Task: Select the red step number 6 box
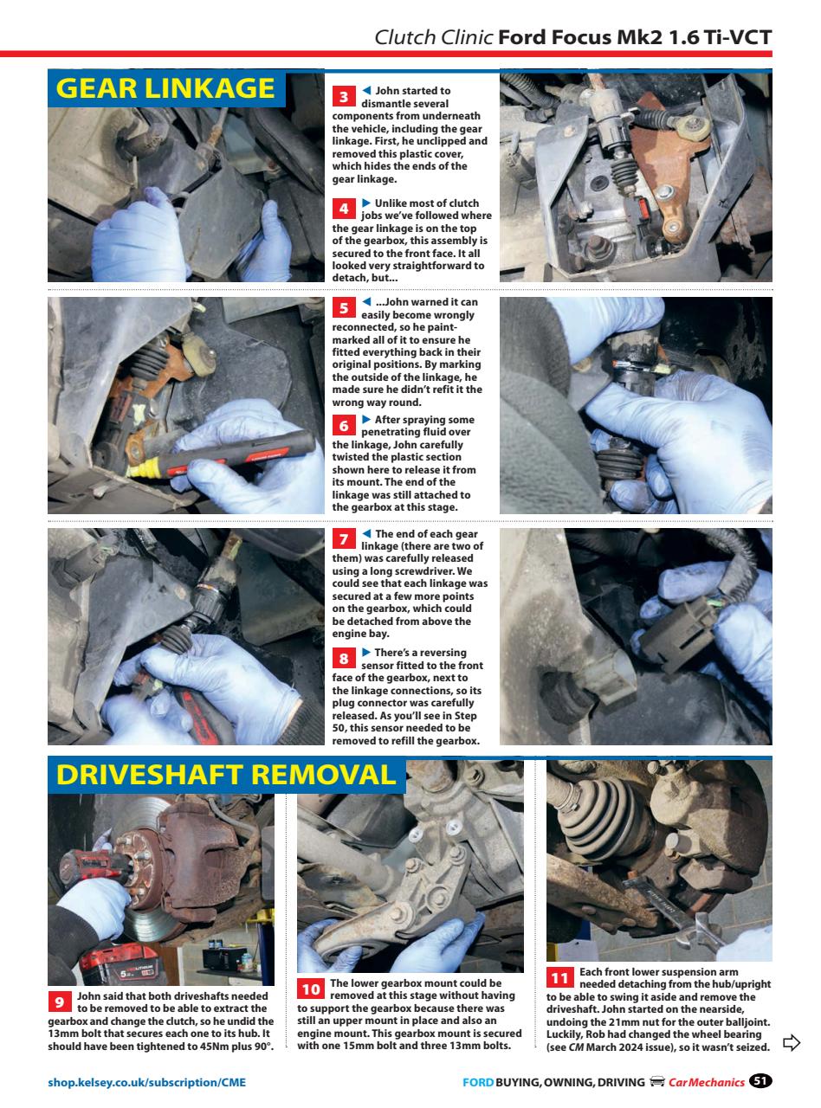point(344,425)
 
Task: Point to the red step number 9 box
point(60,1002)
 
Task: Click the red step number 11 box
point(559,977)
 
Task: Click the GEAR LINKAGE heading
point(165,88)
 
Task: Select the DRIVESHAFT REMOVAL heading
point(225,774)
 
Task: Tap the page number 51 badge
point(760,1081)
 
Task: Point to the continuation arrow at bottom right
point(790,1042)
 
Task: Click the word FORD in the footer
point(478,1082)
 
